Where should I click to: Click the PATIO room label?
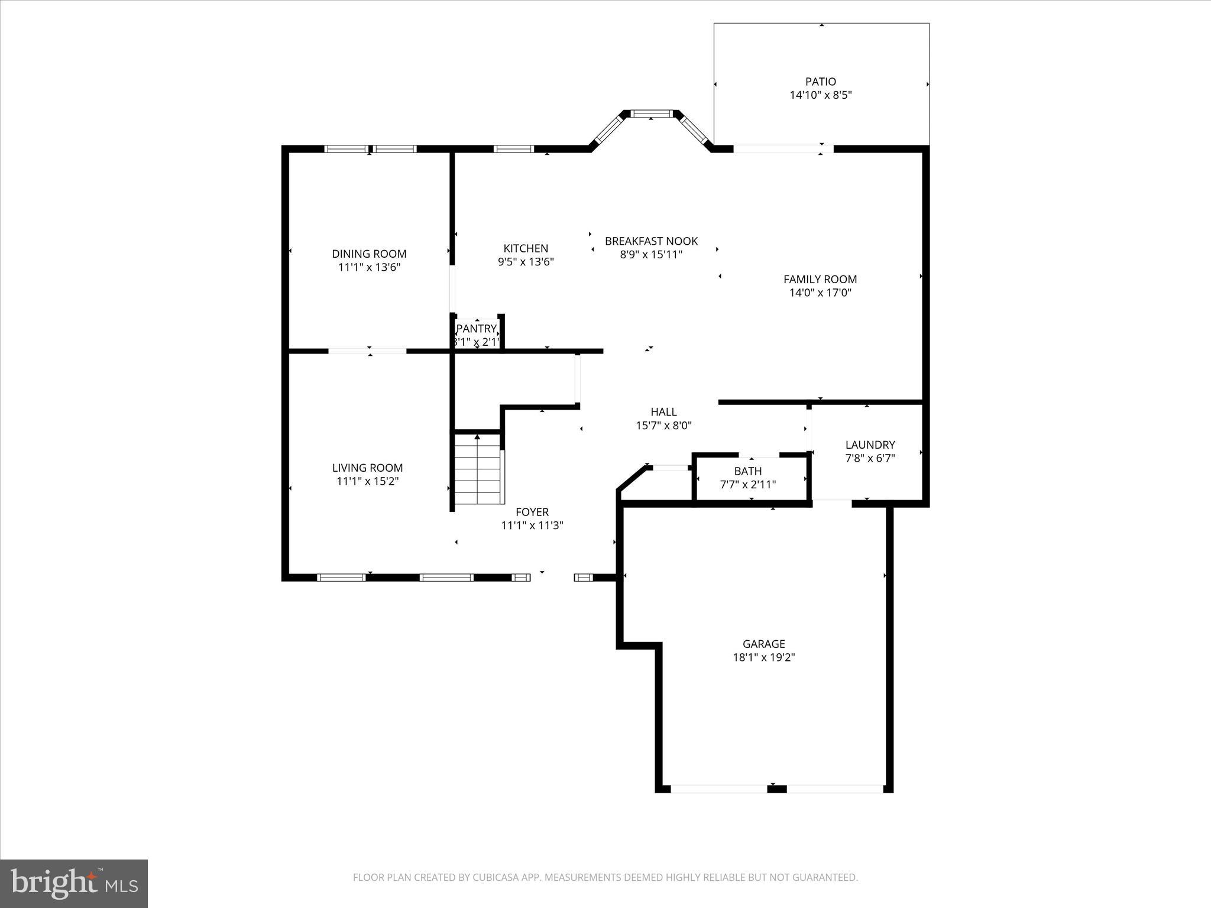pyautogui.click(x=820, y=82)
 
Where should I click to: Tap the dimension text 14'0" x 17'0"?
pyautogui.click(x=820, y=293)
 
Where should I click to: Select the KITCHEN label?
pyautogui.click(x=526, y=248)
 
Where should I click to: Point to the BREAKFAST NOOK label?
pyautogui.click(x=651, y=241)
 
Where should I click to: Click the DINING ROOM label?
pyautogui.click(x=369, y=254)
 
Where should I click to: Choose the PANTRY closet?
pyautogui.click(x=477, y=335)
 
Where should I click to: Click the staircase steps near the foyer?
pyautogui.click(x=478, y=470)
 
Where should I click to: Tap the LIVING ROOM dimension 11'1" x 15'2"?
pyautogui.click(x=367, y=481)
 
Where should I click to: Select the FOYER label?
pyautogui.click(x=532, y=512)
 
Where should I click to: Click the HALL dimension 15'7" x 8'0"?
pyautogui.click(x=663, y=425)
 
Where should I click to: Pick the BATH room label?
pyautogui.click(x=748, y=471)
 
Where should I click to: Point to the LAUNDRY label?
pyautogui.click(x=870, y=445)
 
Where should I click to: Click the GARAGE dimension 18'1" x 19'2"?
pyautogui.click(x=764, y=657)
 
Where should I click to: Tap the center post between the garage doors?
pyautogui.click(x=777, y=789)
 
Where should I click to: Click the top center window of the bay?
pyautogui.click(x=651, y=113)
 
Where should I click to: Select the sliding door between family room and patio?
pyautogui.click(x=783, y=149)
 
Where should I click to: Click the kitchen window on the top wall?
pyautogui.click(x=514, y=149)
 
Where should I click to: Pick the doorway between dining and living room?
pyautogui.click(x=367, y=351)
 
